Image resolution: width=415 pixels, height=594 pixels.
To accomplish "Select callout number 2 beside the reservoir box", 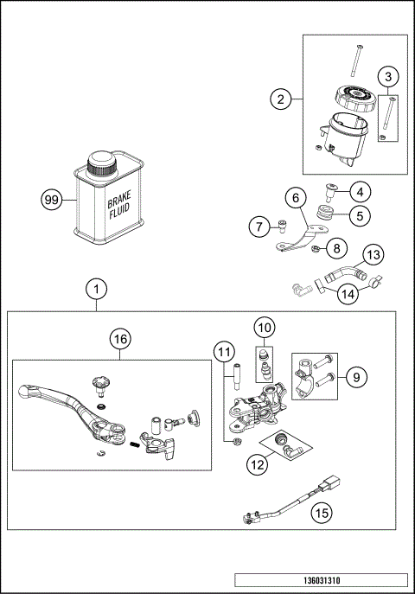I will pos(280,99).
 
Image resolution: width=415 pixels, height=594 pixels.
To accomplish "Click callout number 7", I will pos(258,227).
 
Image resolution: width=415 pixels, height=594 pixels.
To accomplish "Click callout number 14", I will pos(346,293).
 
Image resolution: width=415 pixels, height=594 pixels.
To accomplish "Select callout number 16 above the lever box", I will pos(119,340).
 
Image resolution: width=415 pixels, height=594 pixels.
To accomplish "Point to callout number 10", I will pos(265,328).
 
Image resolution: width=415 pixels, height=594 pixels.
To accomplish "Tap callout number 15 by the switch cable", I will pos(322,513).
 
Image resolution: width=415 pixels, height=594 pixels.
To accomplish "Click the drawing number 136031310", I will pos(320,580).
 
